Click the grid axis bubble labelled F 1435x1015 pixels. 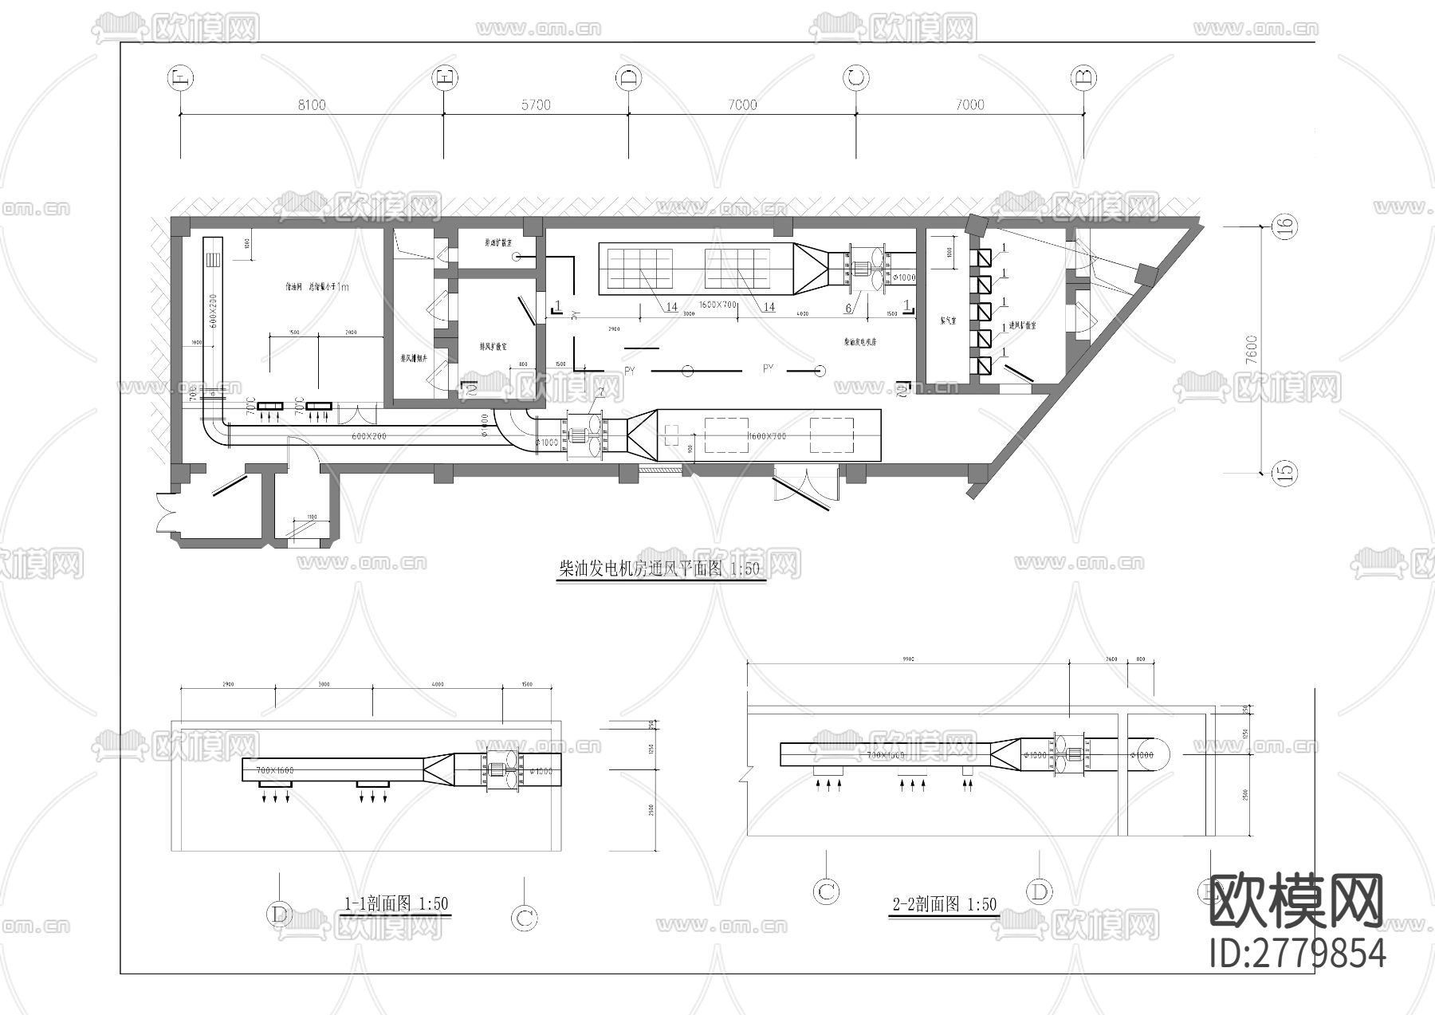181,77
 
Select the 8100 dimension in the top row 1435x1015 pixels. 311,104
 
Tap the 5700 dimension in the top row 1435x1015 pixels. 536,104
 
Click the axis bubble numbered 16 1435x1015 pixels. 1284,227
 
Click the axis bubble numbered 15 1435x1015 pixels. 1284,472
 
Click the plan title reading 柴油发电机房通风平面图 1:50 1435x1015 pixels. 660,568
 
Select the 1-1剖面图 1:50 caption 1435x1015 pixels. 396,903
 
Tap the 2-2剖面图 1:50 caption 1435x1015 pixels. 945,904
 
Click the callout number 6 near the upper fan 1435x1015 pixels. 849,307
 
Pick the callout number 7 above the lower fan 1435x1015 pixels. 600,392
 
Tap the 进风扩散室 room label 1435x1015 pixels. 1022,325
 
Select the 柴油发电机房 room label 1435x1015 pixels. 860,341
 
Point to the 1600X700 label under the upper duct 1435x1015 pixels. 719,305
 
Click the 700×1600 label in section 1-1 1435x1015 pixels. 275,771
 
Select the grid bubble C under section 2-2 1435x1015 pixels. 826,891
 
